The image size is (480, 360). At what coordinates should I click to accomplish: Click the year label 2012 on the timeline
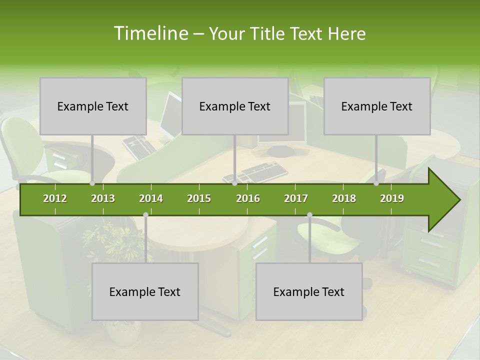(x=55, y=198)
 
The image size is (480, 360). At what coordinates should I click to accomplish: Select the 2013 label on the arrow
(x=103, y=198)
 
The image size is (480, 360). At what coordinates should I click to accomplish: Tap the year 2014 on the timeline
(x=151, y=198)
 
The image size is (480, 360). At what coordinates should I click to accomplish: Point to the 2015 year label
(x=199, y=198)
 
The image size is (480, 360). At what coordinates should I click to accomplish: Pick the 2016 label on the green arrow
(x=248, y=198)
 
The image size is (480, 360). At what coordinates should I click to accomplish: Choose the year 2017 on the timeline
(x=296, y=198)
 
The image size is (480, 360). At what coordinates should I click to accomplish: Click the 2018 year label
(x=344, y=198)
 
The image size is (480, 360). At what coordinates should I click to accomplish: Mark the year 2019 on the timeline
(x=392, y=198)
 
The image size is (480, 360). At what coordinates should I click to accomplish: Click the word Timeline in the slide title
(x=149, y=33)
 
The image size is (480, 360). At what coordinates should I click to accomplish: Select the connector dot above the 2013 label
(x=92, y=183)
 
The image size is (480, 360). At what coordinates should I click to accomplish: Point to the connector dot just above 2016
(x=235, y=183)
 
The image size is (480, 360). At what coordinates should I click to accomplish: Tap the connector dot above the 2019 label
(x=376, y=183)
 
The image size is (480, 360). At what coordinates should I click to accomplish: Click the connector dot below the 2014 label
(x=145, y=215)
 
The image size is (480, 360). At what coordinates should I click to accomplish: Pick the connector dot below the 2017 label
(x=309, y=215)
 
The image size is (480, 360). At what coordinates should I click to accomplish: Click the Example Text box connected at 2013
(x=93, y=106)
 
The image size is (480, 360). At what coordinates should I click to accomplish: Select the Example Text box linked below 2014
(x=145, y=291)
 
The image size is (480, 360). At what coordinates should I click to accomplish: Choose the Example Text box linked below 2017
(x=309, y=291)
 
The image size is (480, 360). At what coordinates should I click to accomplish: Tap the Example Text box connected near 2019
(x=377, y=106)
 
